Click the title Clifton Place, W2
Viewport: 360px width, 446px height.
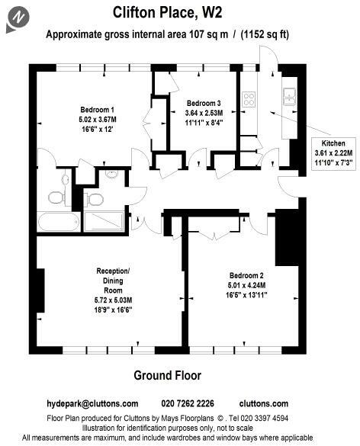(x=179, y=12)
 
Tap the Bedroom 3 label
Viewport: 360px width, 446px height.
(x=204, y=103)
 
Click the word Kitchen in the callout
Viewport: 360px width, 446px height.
(x=333, y=143)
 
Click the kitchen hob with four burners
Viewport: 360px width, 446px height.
(x=249, y=98)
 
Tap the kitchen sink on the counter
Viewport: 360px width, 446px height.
(x=290, y=95)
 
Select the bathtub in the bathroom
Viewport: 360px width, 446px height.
(x=56, y=223)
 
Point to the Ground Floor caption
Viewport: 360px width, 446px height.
(x=167, y=375)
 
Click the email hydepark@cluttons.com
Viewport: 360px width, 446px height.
(x=92, y=403)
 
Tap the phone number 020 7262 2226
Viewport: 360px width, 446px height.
(x=188, y=403)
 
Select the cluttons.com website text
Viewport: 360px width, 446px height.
(x=263, y=403)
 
